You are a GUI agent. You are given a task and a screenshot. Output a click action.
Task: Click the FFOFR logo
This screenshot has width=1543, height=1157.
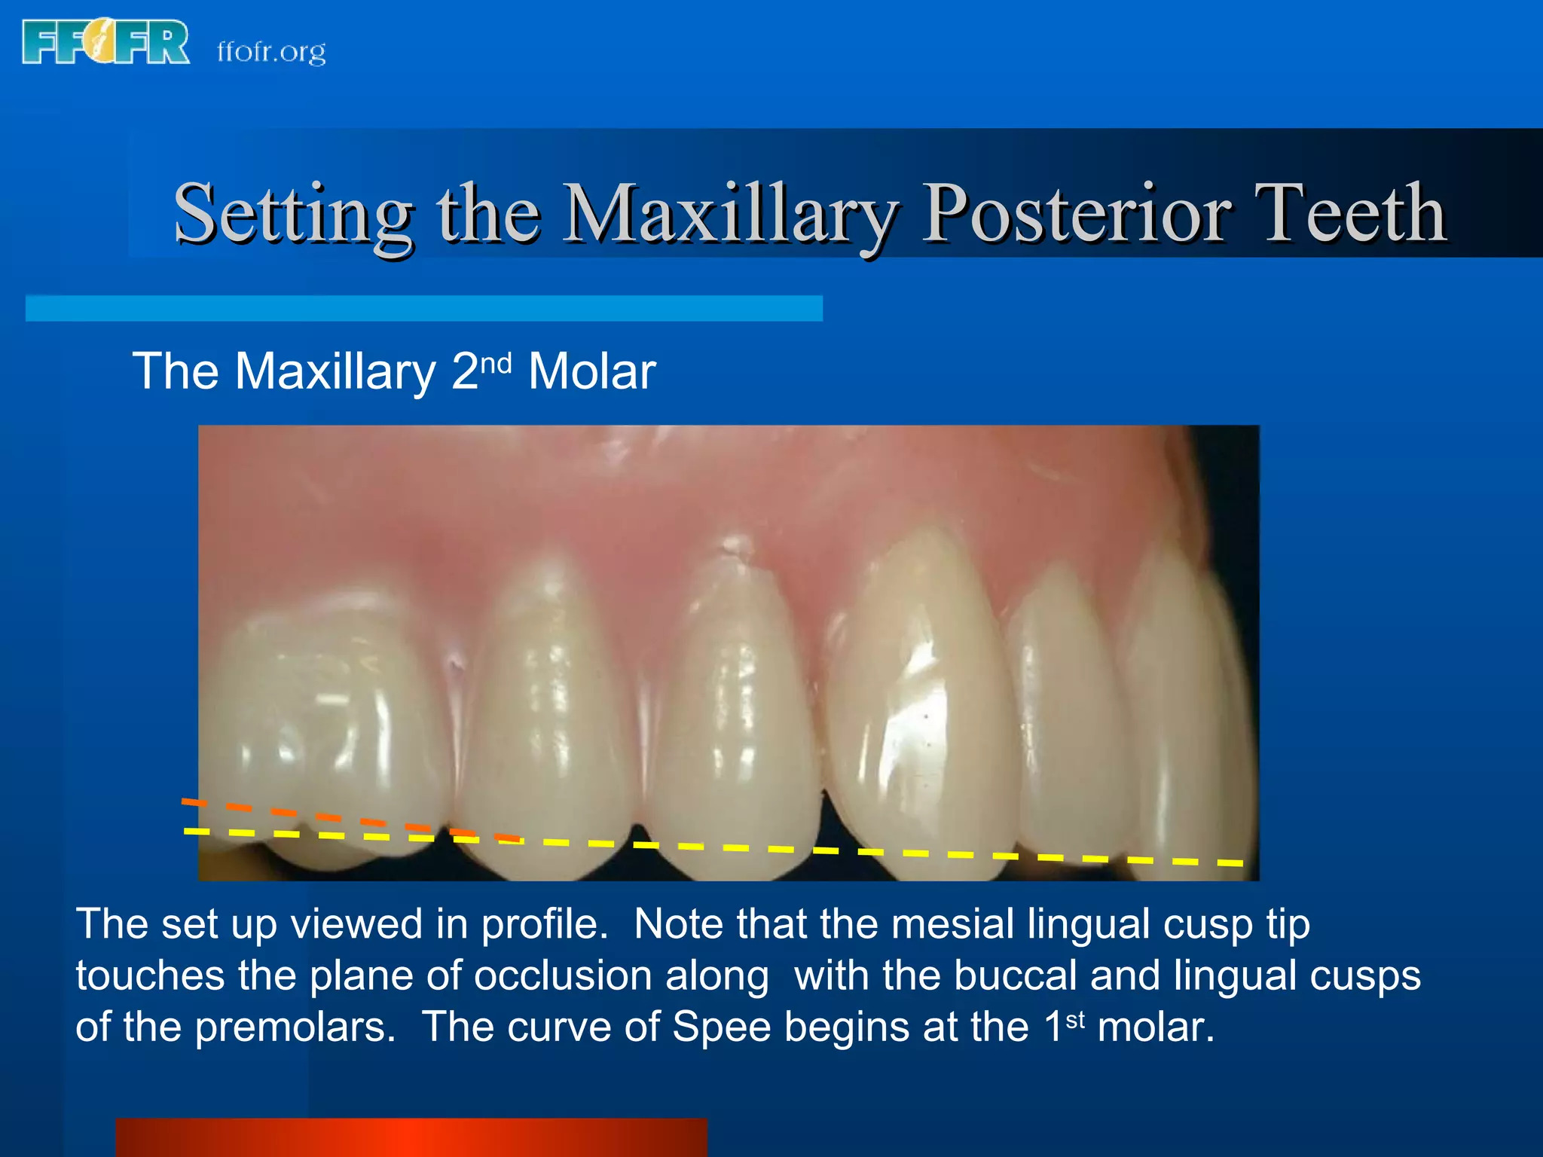coord(105,43)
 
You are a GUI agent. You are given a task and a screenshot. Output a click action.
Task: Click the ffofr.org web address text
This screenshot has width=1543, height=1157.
coord(271,51)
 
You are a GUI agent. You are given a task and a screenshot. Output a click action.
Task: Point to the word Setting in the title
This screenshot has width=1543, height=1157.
coord(294,215)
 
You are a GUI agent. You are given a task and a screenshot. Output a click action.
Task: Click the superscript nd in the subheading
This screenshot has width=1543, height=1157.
coord(496,363)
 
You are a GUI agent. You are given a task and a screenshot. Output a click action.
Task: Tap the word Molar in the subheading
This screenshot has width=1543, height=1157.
coord(591,372)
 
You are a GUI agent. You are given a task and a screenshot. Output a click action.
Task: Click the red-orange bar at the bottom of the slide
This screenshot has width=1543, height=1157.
coord(411,1137)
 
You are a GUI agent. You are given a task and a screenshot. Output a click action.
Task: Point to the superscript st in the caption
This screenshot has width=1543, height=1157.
coord(1075,1019)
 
